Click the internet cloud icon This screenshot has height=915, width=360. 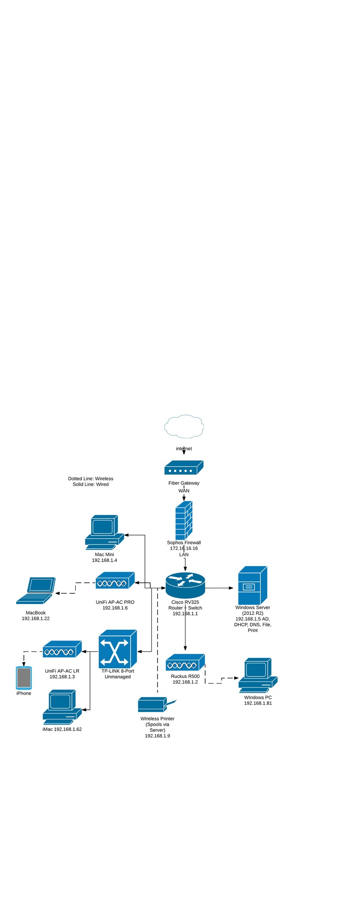click(184, 426)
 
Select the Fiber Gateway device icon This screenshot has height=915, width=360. click(184, 468)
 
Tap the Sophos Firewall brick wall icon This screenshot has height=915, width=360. click(184, 520)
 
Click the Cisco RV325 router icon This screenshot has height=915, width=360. click(185, 585)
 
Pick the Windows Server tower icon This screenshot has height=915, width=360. click(252, 585)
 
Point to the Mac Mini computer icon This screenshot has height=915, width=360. click(104, 532)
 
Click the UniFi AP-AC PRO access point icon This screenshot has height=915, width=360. click(115, 581)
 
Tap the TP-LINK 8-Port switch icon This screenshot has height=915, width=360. click(117, 649)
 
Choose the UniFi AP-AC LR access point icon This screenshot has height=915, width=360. click(62, 649)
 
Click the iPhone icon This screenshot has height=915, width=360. click(24, 678)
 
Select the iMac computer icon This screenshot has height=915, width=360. click(62, 706)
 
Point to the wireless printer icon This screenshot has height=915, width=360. click(155, 704)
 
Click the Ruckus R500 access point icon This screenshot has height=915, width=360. click(185, 663)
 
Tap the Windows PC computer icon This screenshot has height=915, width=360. click(258, 675)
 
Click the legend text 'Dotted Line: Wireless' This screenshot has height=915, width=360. click(90, 478)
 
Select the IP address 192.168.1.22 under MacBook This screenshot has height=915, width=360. click(36, 618)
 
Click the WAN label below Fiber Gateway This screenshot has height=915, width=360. click(184, 491)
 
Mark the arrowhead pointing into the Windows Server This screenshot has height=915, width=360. click(231, 588)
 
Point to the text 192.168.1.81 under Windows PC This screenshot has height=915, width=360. click(258, 703)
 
